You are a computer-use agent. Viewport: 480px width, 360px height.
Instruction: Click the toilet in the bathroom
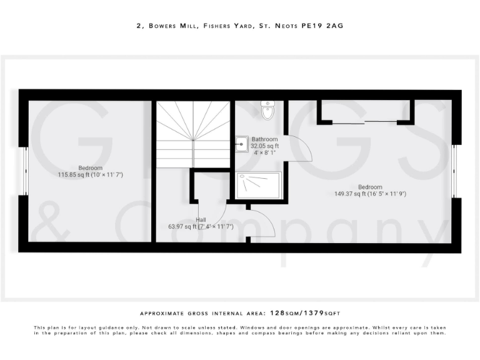268,111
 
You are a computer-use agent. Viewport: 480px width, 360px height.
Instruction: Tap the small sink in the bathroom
241,143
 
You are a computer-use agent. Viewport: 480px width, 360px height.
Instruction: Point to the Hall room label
201,219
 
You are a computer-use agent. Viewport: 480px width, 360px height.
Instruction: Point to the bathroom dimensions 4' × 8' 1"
264,152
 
